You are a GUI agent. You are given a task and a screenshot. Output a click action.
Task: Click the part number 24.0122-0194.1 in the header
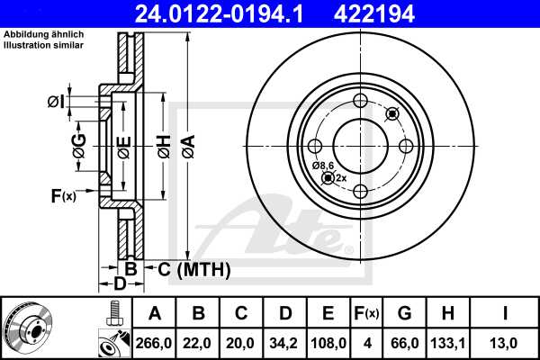[229, 13]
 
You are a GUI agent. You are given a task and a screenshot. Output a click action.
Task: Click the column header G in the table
[404, 313]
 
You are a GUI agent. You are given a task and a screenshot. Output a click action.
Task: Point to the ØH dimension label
[163, 146]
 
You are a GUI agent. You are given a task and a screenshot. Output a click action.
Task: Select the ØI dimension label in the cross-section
[56, 102]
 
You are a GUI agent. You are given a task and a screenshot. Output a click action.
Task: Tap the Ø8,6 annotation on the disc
[323, 166]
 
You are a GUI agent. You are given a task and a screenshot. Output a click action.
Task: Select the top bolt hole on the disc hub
[360, 101]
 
